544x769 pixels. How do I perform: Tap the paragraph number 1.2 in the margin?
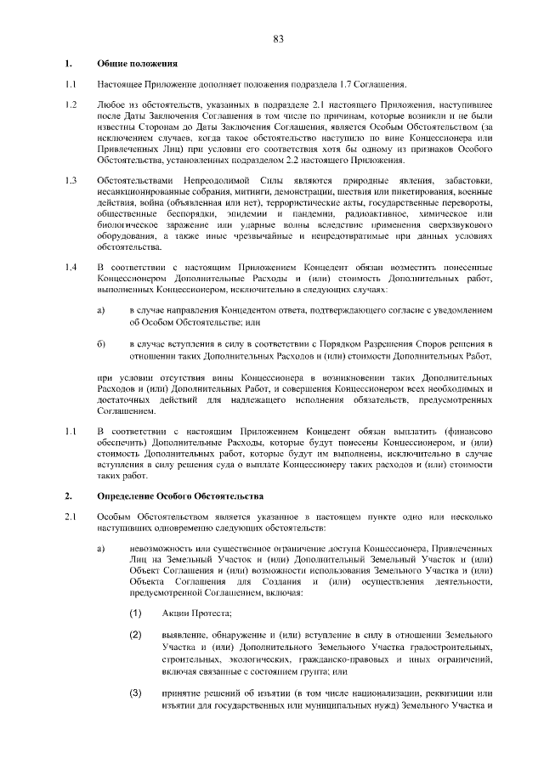click(x=71, y=105)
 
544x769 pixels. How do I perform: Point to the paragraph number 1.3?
click(x=71, y=180)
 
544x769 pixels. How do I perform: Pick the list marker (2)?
click(x=135, y=634)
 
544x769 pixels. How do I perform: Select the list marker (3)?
click(x=135, y=693)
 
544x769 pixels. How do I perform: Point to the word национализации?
click(x=382, y=693)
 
